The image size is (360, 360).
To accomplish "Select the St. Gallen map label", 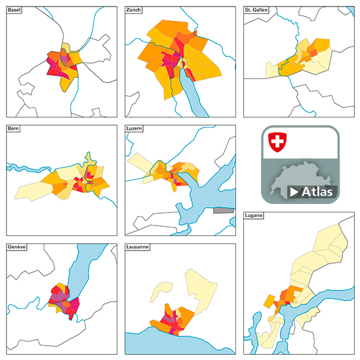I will tap(256, 11).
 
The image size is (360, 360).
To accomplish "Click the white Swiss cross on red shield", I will tap(279, 141).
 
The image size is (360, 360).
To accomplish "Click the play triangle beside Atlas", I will tap(294, 192).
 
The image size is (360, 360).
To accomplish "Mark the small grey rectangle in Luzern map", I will tap(224, 211).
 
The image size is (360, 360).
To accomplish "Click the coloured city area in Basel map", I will tap(62, 64).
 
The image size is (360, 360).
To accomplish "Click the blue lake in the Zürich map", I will tap(194, 92).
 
